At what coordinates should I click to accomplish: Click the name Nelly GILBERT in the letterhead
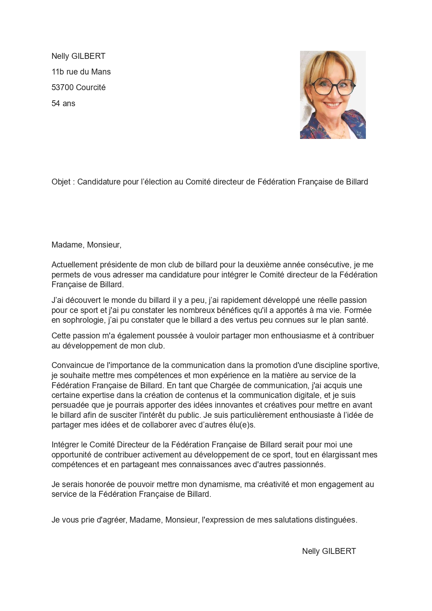78,56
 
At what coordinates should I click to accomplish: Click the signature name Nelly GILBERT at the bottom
329,551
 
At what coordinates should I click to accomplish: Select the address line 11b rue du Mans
81,72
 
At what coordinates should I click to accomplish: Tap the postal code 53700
62,87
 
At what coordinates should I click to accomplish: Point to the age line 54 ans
63,103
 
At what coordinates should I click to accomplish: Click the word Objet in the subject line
61,182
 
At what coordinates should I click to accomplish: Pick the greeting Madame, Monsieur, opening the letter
86,245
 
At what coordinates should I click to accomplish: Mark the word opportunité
71,455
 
